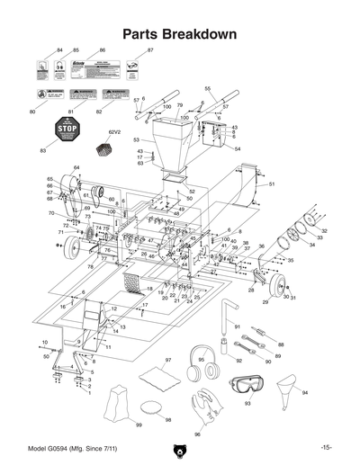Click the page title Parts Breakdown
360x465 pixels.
180,34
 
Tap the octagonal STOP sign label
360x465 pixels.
62,129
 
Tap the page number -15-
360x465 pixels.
325,447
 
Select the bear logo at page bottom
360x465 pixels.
180,449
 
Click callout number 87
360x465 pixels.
150,50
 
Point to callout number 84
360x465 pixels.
59,50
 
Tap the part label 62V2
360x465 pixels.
113,131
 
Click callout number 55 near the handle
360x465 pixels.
207,88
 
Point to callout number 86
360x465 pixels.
103,50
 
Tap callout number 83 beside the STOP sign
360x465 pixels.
42,150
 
